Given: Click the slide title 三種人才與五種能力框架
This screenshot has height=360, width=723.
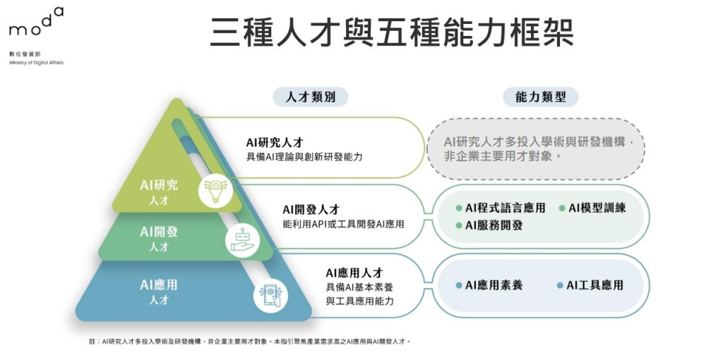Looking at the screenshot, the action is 392,32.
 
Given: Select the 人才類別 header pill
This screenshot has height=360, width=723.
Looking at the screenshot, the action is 310,97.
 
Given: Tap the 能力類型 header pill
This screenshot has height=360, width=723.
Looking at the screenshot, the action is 540,97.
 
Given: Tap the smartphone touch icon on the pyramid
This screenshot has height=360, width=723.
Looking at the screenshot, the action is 270,296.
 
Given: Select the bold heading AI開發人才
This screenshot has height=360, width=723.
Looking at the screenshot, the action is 311,210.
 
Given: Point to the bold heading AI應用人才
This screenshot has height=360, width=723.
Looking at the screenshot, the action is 354,273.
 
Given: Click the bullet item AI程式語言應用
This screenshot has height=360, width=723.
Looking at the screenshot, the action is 501,208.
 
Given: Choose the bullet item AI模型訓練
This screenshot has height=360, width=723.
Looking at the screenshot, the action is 592,208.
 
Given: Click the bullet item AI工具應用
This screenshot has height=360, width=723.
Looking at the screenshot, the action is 590,285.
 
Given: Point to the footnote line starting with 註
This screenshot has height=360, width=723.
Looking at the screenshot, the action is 249,342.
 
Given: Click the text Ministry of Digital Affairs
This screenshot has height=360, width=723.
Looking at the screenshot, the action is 36,63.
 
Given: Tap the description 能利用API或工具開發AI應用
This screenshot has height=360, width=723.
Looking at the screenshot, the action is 344,224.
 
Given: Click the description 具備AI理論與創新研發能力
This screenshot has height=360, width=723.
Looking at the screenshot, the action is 304,157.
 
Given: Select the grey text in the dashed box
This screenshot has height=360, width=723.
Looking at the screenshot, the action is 537,148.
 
